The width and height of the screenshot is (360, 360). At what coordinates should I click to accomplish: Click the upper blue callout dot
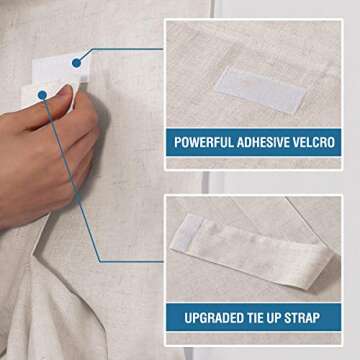76,63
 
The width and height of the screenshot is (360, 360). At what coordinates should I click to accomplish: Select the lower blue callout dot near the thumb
42,95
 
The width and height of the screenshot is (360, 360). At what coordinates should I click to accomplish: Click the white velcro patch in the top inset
260,89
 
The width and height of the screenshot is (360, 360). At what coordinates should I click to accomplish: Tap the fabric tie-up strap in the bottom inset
252,250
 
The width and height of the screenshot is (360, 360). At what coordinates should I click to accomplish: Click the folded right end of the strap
318,267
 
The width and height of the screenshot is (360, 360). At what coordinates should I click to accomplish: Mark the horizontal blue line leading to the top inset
127,49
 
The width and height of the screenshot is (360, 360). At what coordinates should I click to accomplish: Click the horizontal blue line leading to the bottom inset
132,262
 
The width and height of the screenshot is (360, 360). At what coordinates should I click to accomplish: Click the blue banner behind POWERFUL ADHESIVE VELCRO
254,142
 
